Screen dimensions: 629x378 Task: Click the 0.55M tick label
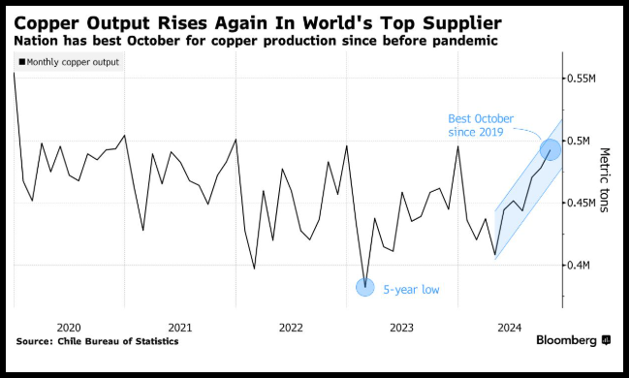581,79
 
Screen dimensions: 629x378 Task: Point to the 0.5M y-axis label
578,141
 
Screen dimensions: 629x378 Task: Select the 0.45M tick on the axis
581,203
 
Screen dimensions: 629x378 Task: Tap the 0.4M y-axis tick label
578,266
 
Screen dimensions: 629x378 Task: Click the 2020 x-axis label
69,328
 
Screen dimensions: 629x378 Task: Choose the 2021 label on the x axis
179,328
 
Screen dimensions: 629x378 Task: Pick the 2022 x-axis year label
291,328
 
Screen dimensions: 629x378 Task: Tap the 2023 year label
401,328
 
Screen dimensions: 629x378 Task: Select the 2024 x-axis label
510,328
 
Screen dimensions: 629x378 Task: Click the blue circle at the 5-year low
365,287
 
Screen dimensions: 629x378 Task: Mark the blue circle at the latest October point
550,149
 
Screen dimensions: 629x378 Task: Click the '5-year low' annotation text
411,290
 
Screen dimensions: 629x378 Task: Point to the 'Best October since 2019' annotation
481,126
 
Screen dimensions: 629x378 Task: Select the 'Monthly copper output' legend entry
69,62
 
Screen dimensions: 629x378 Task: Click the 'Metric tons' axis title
604,179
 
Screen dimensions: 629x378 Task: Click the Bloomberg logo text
566,340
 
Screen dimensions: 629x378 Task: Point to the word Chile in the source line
68,341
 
